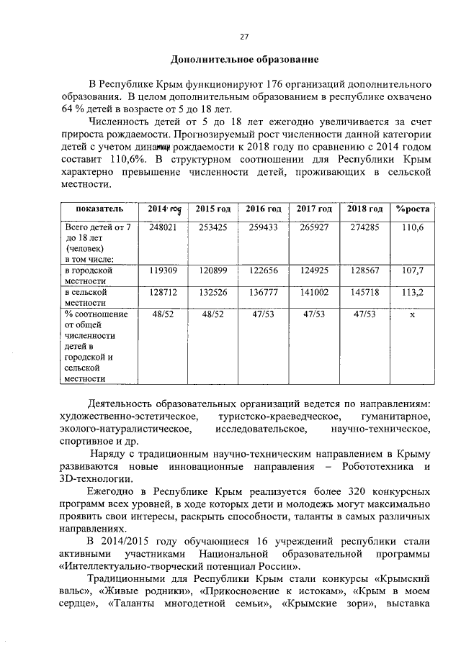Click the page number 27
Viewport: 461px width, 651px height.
(x=243, y=37)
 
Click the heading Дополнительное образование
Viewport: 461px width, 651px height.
(x=243, y=58)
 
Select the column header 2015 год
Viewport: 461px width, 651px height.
(x=212, y=209)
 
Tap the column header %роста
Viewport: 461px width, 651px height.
(x=413, y=209)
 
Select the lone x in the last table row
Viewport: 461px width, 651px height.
(x=413, y=314)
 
